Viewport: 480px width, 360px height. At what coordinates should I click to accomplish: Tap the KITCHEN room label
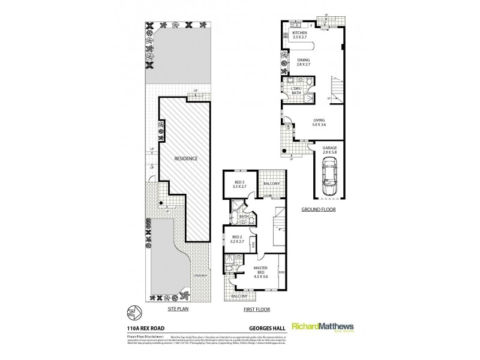click(299, 35)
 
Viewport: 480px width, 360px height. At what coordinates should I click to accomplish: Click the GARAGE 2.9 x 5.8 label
click(329, 150)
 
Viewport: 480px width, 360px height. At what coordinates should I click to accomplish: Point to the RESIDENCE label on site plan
click(186, 158)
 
